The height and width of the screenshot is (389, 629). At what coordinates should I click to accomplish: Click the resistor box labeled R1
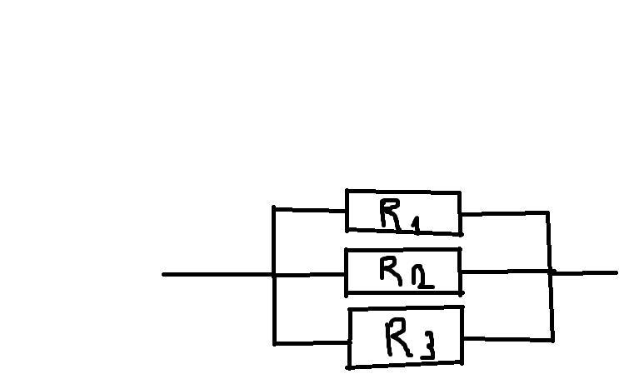pyautogui.click(x=403, y=212)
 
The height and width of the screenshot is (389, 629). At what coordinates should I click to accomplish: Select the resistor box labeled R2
pyautogui.click(x=403, y=272)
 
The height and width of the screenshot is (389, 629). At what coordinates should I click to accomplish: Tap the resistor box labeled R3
pyautogui.click(x=405, y=337)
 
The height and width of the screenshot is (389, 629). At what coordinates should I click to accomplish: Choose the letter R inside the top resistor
pyautogui.click(x=391, y=213)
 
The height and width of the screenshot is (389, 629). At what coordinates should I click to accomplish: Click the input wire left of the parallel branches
pyautogui.click(x=217, y=274)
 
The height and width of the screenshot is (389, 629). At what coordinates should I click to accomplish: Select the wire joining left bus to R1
pyautogui.click(x=309, y=208)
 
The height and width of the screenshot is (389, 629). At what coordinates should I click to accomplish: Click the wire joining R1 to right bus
pyautogui.click(x=504, y=213)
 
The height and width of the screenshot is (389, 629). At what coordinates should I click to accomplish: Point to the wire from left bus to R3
pyautogui.click(x=311, y=342)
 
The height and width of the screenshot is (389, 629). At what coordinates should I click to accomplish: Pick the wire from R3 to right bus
pyautogui.click(x=507, y=339)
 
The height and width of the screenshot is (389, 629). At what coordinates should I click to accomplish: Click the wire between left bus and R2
pyautogui.click(x=309, y=274)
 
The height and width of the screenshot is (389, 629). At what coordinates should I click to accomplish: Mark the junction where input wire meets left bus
pyautogui.click(x=274, y=274)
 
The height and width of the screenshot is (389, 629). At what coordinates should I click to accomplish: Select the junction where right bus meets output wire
pyautogui.click(x=551, y=272)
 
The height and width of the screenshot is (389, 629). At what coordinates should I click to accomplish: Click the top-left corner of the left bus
pyautogui.click(x=274, y=208)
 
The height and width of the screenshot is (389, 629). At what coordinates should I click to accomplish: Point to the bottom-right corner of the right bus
pyautogui.click(x=552, y=339)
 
